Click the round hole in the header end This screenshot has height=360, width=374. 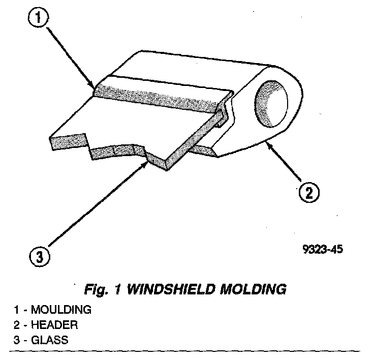pos(273,104)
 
